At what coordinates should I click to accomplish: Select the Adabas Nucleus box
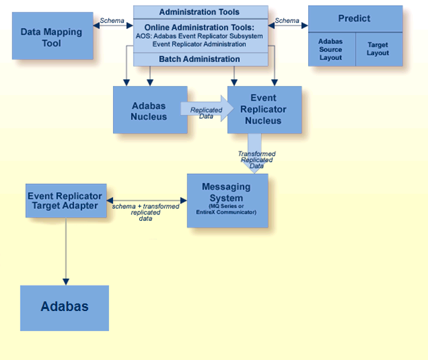point(150,111)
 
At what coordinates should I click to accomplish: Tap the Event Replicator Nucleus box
point(265,110)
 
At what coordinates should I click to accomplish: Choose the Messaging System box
point(227,201)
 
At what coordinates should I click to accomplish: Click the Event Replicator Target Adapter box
point(66,201)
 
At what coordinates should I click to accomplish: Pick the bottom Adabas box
point(65,306)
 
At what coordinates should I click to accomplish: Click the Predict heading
point(354,19)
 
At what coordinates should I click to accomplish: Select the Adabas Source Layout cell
point(331,49)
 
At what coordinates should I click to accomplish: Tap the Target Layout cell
point(378,49)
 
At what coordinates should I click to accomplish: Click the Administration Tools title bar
point(200,12)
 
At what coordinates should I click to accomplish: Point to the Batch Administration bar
point(200,59)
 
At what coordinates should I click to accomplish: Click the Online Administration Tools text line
point(200,28)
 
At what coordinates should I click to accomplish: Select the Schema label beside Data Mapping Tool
point(112,21)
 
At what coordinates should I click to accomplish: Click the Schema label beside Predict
point(287,21)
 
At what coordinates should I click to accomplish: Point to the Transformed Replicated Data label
point(257,160)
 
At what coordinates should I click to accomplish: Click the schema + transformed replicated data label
point(145,210)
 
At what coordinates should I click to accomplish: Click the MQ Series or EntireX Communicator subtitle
point(227,212)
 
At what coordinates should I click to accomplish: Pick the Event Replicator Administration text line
point(200,44)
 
